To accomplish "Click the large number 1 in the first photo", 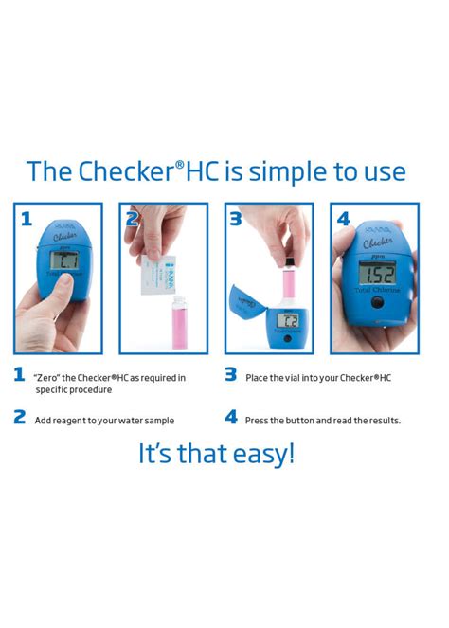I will [26, 219].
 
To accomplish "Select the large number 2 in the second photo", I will [132, 219].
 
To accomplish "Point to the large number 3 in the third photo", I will [236, 219].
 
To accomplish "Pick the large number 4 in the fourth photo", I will [343, 219].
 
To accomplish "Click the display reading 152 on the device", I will [377, 274].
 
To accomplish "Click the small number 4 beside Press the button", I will [231, 417].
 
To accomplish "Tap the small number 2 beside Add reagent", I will [19, 417].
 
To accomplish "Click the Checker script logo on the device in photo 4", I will [377, 242].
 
